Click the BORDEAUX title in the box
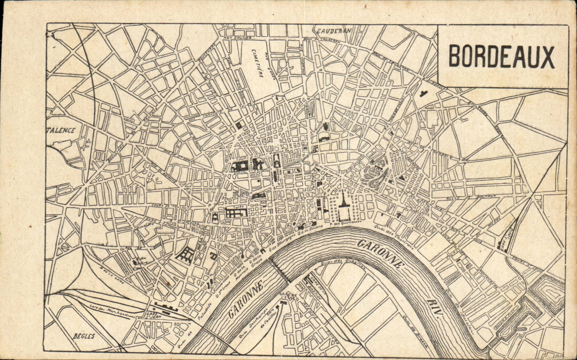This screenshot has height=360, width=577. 501,57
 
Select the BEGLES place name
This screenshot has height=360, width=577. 84,336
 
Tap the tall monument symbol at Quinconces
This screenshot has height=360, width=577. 342,204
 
